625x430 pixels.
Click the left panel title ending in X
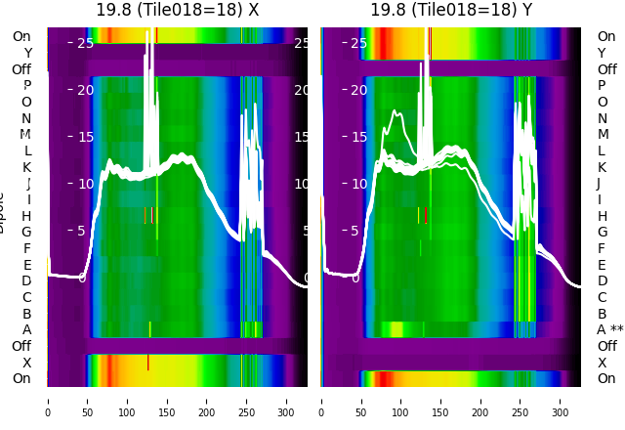178,10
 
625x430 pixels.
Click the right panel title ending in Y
451,10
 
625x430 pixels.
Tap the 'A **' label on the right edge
609,329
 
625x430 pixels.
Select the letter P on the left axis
27,85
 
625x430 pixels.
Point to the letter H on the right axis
602,216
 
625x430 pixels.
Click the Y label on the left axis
27,53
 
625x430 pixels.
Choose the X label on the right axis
602,363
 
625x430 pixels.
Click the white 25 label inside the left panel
85,43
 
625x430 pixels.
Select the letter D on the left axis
27,280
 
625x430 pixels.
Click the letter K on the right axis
602,167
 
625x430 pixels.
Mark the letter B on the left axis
27,314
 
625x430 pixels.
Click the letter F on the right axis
602,248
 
